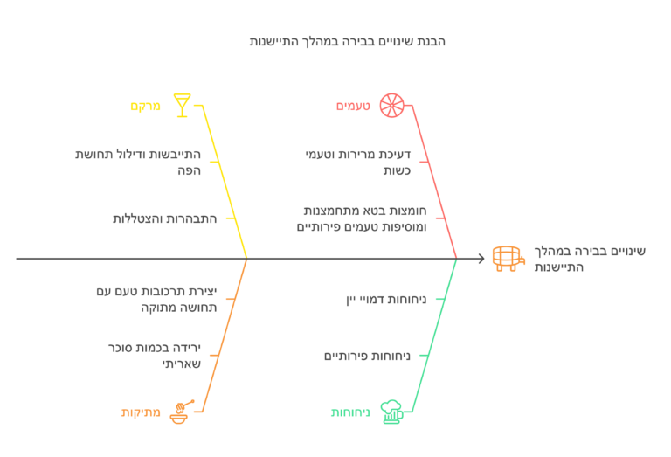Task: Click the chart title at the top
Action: point(348,42)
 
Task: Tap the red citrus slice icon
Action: point(391,105)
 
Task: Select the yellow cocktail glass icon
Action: point(182,105)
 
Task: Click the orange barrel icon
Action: point(508,259)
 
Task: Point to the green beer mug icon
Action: point(391,412)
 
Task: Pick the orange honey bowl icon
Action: point(182,412)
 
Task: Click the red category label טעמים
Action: point(353,106)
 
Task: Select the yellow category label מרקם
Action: point(146,106)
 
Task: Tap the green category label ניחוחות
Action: point(350,412)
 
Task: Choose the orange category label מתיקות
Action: point(141,412)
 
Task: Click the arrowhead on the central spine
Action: point(482,259)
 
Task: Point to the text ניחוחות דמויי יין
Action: point(386,299)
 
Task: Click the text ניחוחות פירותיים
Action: point(367,356)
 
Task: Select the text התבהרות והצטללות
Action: point(165,218)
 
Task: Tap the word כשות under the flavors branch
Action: point(397,170)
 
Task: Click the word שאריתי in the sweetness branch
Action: point(182,364)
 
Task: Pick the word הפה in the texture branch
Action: point(189,170)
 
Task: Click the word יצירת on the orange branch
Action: point(203,291)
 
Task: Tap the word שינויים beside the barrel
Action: point(626,251)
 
